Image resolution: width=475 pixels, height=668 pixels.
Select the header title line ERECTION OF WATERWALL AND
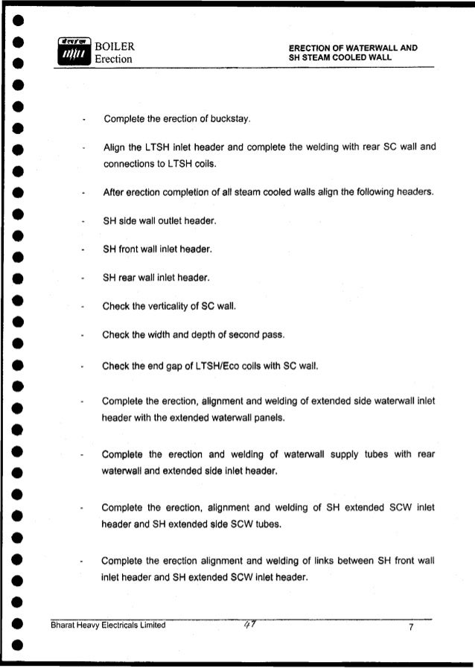click(353, 48)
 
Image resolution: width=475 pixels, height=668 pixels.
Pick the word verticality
click(172, 306)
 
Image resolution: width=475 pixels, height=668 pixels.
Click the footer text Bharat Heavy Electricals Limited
click(108, 626)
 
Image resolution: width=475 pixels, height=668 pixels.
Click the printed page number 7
click(411, 626)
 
